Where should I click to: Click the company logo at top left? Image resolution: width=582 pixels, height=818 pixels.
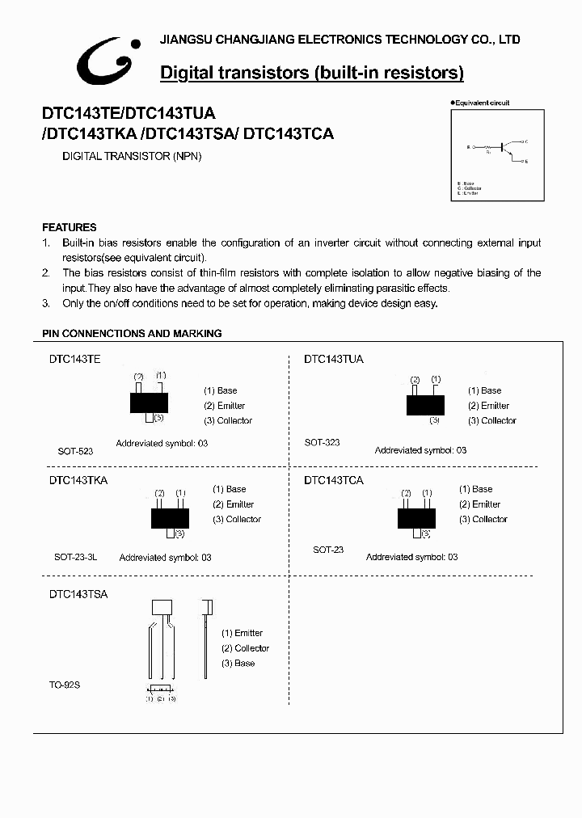coord(108,62)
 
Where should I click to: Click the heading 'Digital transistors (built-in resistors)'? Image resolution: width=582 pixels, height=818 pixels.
coord(312,73)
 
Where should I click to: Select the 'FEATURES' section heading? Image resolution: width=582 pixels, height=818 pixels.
coord(70,228)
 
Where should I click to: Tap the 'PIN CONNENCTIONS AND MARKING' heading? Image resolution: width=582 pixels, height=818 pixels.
coord(132,333)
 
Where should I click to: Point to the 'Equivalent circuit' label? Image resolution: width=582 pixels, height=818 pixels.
coord(482,103)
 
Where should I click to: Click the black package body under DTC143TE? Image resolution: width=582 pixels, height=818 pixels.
coord(150,402)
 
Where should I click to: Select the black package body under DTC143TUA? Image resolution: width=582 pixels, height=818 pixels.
coord(425,403)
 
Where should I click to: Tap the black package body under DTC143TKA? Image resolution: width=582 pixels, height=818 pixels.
coord(170,518)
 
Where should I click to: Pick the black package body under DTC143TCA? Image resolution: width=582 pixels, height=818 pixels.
coord(417,518)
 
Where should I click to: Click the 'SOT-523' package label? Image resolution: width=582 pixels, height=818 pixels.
coord(75,451)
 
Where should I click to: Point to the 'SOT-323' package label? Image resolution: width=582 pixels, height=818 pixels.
coord(322,442)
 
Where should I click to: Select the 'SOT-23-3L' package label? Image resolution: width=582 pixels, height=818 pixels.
coord(76,557)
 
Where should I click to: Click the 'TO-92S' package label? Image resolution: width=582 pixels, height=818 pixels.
coord(65,685)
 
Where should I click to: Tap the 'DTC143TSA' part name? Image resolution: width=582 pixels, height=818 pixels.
coord(78,593)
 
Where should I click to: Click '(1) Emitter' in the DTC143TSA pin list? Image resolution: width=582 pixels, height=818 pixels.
coord(242,633)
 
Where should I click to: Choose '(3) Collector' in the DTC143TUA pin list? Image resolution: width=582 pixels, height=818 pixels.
coord(491,420)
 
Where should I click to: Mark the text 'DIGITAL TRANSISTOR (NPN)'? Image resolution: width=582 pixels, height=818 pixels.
coord(132,156)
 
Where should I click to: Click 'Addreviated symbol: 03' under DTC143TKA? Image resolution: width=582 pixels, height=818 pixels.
coord(165,558)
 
